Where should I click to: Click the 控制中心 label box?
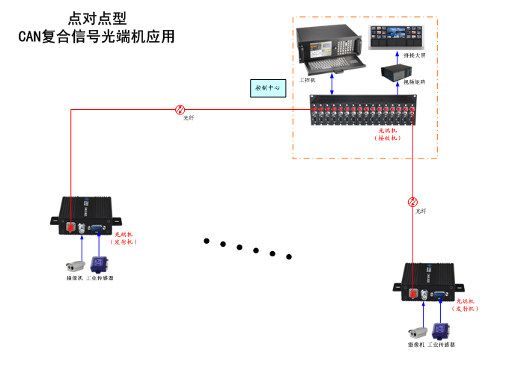(267, 88)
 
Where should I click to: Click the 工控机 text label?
(308, 79)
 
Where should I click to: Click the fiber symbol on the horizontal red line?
(180, 109)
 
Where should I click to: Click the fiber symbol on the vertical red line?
(412, 202)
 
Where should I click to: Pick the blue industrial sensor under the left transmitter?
(97, 264)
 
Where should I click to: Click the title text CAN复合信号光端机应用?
(97, 35)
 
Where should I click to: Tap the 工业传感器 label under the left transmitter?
(100, 278)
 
